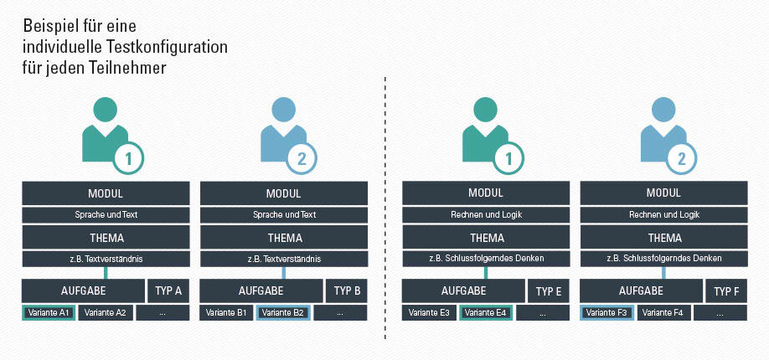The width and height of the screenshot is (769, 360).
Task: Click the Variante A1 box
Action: click(x=49, y=312)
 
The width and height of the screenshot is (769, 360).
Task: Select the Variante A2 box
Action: click(x=106, y=312)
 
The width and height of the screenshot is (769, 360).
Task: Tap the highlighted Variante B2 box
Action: click(x=283, y=312)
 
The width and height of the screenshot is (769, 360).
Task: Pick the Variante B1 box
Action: click(x=226, y=312)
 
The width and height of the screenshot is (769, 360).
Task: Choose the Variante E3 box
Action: click(x=429, y=312)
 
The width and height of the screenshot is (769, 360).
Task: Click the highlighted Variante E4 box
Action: click(x=486, y=312)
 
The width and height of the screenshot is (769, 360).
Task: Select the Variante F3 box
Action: click(x=606, y=312)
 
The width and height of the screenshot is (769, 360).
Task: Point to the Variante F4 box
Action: click(x=663, y=312)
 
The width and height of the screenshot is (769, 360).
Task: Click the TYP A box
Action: click(x=168, y=291)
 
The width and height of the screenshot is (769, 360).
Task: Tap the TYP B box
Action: click(x=347, y=291)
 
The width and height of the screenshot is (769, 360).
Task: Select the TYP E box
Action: click(x=549, y=291)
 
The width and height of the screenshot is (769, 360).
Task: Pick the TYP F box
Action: click(x=726, y=291)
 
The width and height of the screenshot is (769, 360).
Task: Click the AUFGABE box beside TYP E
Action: click(x=463, y=291)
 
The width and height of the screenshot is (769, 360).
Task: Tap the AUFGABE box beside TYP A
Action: click(x=84, y=291)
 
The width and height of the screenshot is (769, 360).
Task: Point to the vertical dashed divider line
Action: click(x=385, y=208)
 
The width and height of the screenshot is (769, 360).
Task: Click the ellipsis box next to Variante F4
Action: click(x=720, y=312)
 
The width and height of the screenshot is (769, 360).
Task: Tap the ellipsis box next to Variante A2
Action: click(x=163, y=312)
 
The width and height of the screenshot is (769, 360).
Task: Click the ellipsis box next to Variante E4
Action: click(x=543, y=312)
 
